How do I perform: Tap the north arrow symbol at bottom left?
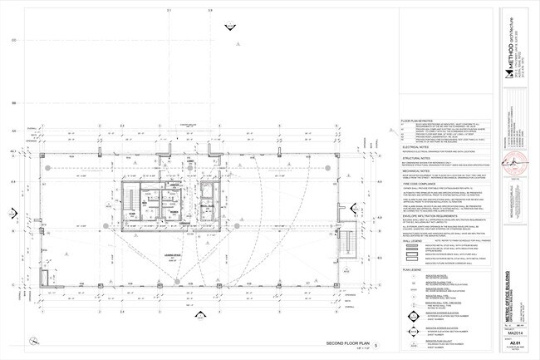[32, 340]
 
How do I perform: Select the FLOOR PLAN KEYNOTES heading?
[420, 121]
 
